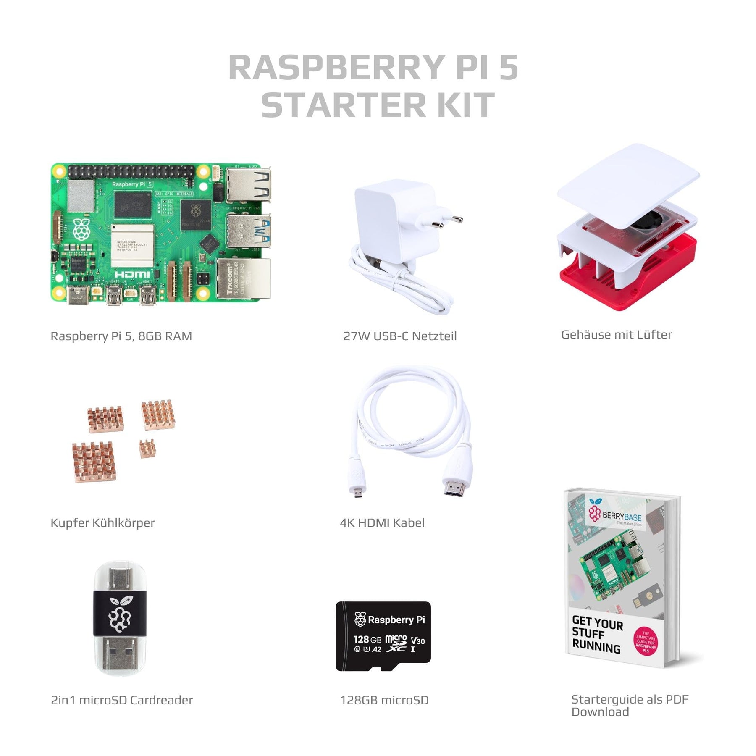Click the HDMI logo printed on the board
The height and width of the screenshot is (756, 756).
132,274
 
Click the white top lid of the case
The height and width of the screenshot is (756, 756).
628,185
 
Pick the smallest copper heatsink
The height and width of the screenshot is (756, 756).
147,448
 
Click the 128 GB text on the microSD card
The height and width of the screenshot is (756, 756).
367,640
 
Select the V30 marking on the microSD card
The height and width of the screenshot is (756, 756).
417,641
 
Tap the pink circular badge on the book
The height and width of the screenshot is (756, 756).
646,642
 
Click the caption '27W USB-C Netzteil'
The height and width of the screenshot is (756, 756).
400,336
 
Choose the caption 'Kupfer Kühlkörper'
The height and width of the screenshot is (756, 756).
102,523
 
